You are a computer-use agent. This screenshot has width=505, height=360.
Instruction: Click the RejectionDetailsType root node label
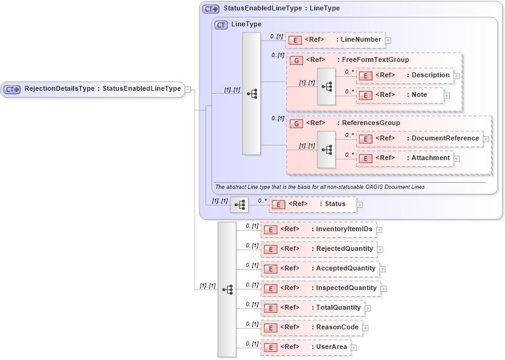coord(102,89)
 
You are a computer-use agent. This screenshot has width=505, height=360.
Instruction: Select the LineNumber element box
coord(335,40)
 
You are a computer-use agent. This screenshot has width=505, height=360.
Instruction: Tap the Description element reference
coord(405,75)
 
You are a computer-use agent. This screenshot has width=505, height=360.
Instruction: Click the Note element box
coord(399,95)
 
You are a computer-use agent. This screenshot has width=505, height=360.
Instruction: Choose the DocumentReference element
coord(420,139)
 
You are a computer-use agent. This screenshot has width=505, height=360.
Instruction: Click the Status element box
coord(312,204)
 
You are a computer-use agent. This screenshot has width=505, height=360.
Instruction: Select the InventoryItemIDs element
coord(318,229)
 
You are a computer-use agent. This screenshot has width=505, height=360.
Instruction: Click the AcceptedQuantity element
coord(320,269)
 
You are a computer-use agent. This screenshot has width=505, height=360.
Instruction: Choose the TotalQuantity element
coord(312,308)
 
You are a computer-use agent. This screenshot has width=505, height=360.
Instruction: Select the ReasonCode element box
coord(311,327)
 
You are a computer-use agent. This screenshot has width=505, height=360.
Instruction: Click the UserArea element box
coord(306,347)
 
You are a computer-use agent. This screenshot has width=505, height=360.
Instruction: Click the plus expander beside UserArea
coord(353,348)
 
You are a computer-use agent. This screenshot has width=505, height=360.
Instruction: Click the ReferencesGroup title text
coord(371,123)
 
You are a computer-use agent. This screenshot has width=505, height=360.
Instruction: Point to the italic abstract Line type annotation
coord(319,186)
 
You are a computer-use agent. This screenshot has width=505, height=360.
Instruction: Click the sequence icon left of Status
coord(239,205)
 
